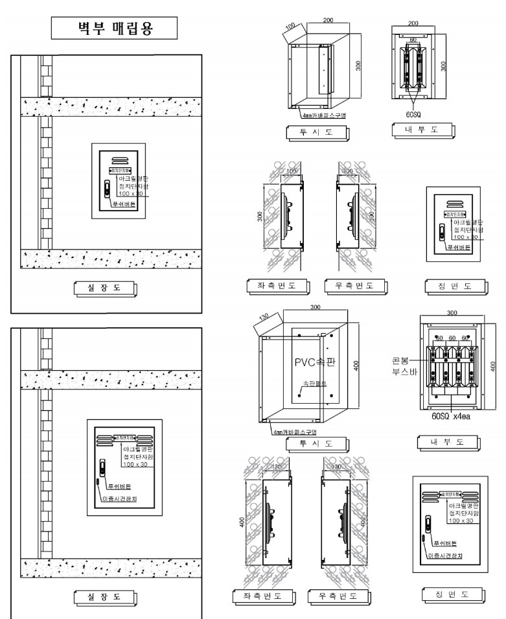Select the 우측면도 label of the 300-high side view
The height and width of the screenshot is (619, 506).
(356, 285)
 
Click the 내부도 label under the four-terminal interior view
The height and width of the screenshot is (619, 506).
(447, 443)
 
